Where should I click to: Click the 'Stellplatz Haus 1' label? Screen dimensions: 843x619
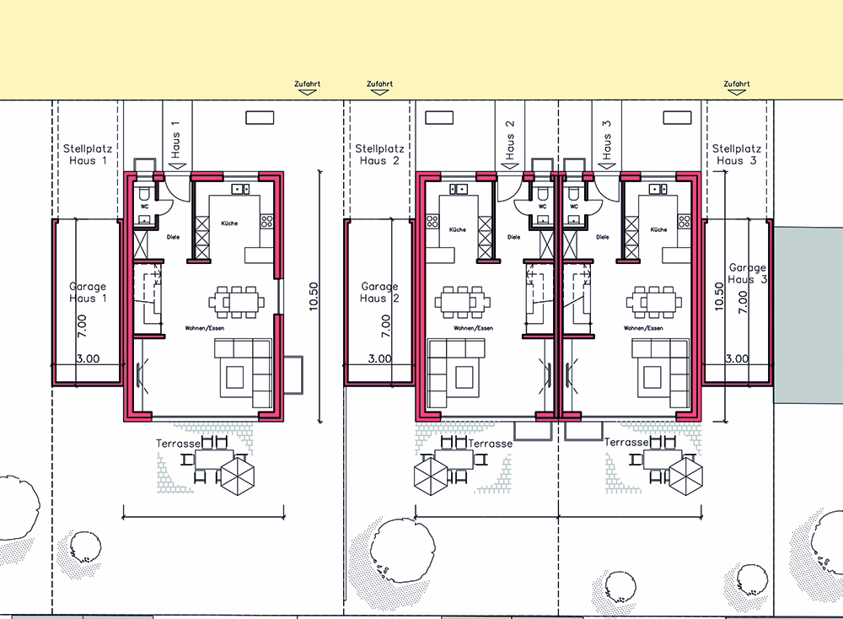87,154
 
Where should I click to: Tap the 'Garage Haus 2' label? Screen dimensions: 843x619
379,293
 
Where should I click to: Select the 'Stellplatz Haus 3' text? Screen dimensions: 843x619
736,154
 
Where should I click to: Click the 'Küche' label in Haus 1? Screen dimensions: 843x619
229,223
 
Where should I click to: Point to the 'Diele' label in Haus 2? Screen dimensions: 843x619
514,237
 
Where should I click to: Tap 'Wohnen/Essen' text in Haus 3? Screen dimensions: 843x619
643,328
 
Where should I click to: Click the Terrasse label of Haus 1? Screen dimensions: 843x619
178,444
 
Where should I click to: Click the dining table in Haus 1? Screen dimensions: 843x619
237,302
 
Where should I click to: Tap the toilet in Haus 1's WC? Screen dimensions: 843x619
144,194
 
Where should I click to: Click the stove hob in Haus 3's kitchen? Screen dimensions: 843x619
685,221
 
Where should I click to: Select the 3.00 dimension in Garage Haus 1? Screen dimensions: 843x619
88,358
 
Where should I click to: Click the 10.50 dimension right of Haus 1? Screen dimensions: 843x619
314,296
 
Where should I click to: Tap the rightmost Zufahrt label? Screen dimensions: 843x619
737,83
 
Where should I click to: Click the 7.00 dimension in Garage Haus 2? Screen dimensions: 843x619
385,326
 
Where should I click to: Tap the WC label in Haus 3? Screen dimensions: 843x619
574,207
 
